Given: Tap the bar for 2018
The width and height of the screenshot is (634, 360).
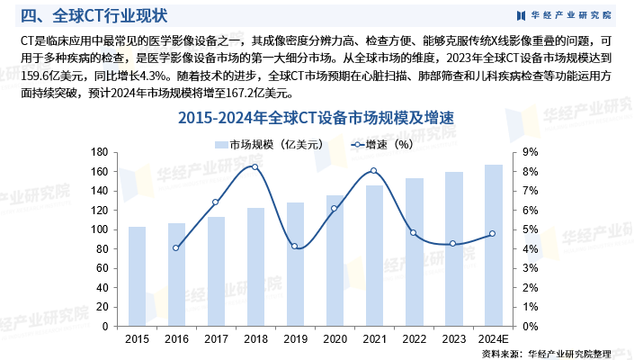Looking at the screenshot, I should pos(254,267).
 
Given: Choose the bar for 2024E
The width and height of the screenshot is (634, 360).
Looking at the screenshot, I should pos(493,246).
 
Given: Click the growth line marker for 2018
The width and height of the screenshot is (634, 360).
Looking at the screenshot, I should pos(254,166).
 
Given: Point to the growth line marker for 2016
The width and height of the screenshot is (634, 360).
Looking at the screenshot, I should pos(176,247).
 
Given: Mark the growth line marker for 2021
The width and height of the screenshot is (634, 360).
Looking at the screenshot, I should pos(373,171).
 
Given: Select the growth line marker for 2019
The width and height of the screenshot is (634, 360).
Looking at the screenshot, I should pos(294,247).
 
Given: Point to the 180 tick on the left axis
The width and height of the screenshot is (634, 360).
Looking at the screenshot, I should pos(102,152).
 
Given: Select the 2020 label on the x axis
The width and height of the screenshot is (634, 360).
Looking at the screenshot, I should pos(334,338).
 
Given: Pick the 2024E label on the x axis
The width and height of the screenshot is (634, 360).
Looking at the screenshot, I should pos(493,338).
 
